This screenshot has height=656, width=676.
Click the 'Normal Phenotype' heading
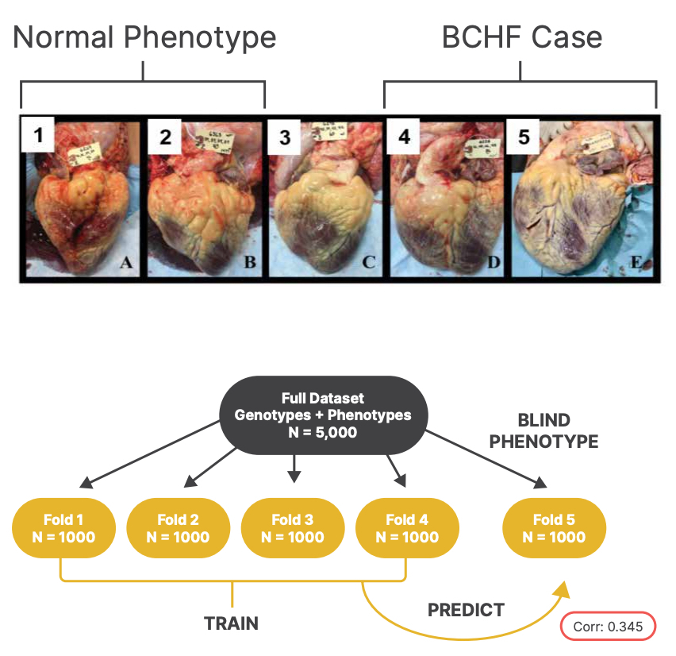point(144,37)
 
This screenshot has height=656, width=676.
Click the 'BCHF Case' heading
point(521,37)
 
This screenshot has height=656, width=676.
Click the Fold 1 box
point(64,528)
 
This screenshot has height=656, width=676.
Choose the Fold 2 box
point(178,528)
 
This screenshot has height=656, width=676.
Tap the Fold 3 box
point(292,528)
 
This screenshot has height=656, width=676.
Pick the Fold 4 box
point(406,528)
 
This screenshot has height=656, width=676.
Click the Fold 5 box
point(554,528)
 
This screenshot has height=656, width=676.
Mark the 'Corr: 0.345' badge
point(608,627)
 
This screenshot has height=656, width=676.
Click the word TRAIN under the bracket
point(232,623)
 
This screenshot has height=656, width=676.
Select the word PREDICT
point(466,610)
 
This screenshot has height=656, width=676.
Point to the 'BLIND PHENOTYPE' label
point(543,431)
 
